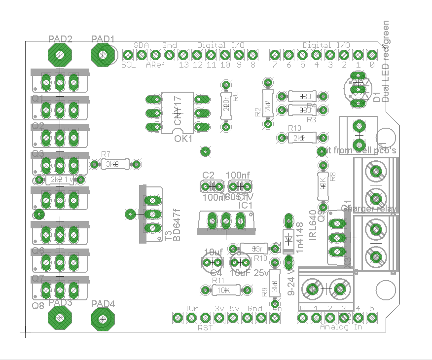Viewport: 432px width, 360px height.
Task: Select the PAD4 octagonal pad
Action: pyautogui.click(x=103, y=320)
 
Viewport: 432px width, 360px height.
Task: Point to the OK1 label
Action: pyautogui.click(x=183, y=139)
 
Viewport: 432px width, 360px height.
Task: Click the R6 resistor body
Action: pyautogui.click(x=226, y=105)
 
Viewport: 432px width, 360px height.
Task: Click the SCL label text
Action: pyautogui.click(x=129, y=65)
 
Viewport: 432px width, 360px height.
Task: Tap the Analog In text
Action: pyautogui.click(x=341, y=326)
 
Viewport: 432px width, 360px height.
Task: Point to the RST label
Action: pyautogui.click(x=205, y=327)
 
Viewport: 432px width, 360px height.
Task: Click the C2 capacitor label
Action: pyautogui.click(x=208, y=175)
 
